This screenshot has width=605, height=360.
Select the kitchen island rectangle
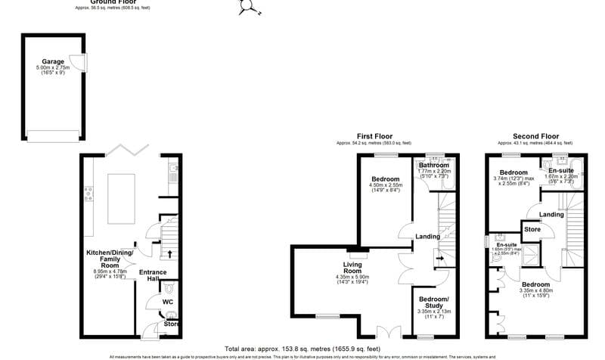(123, 198)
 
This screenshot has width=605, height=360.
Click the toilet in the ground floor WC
(169, 288)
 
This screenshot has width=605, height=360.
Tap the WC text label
(168, 303)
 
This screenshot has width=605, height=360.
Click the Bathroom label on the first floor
(434, 165)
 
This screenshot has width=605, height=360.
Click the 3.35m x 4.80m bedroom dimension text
(538, 290)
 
